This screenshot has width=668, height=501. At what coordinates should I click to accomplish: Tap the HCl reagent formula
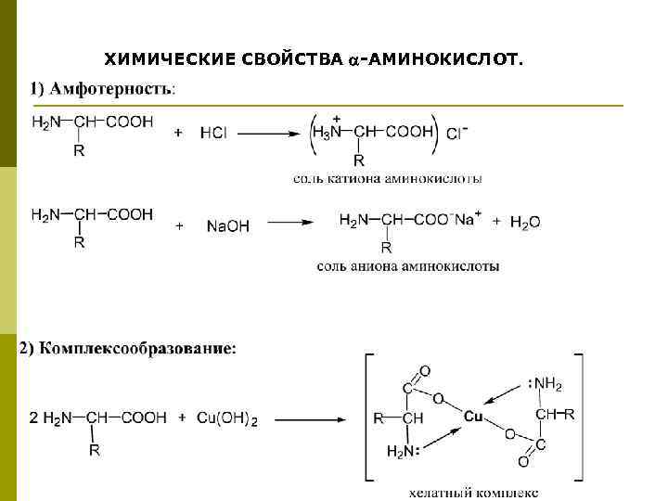tap(213, 133)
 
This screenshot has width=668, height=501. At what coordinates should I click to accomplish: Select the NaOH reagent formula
tap(227, 225)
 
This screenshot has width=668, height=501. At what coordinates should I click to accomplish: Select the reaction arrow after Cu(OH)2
tap(310, 419)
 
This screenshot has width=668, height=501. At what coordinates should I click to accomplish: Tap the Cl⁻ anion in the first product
tap(456, 133)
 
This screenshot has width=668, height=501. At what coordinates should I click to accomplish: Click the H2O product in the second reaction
tap(524, 222)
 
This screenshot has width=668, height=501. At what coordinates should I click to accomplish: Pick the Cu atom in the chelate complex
tap(473, 417)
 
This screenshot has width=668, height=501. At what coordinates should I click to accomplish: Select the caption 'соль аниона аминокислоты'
tap(407, 266)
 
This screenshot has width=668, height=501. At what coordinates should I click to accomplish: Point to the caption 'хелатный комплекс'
tap(473, 492)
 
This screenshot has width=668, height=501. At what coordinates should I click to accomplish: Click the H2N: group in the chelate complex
tap(403, 452)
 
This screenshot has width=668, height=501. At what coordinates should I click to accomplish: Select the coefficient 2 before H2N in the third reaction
tap(33, 419)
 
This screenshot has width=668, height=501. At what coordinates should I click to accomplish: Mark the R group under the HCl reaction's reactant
tap(79, 151)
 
